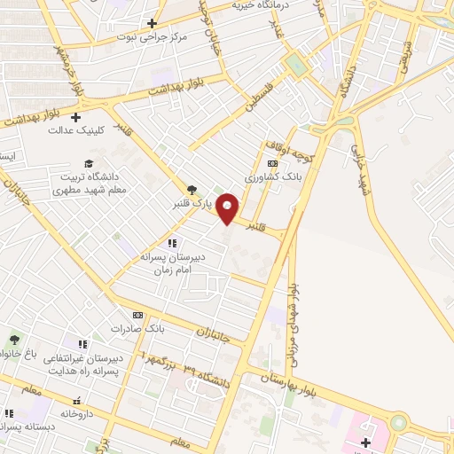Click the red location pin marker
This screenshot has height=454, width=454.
tap(229, 207)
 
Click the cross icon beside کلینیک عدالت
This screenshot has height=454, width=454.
tap(76, 116)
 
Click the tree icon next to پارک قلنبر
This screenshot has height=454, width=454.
tap(191, 188)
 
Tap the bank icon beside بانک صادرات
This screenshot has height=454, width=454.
tap(137, 315)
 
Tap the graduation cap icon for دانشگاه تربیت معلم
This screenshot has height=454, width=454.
tap(88, 163)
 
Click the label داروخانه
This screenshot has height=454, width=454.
tap(78, 414)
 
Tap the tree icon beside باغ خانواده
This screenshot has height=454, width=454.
tap(14, 339)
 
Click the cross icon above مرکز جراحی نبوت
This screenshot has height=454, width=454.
tap(153, 23)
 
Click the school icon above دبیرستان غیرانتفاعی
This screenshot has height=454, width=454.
tap(82, 344)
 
